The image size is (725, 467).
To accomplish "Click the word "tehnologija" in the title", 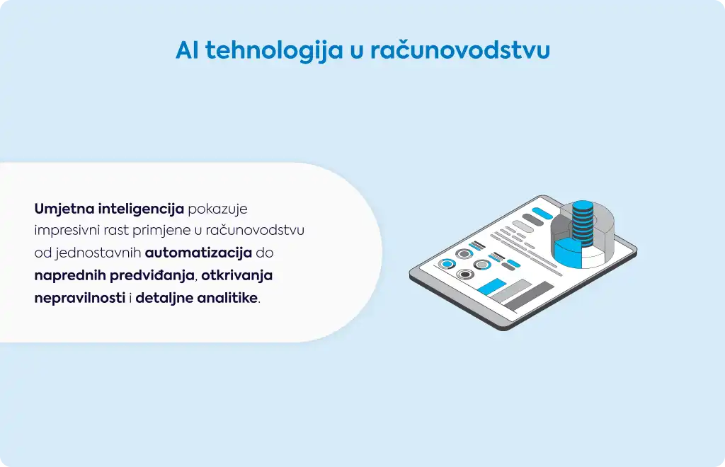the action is click(274, 50).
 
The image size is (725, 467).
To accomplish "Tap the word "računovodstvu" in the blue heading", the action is click(460, 50).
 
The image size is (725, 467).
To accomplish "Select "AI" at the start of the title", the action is click(187, 50).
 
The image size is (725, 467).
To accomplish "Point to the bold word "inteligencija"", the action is click(141, 209).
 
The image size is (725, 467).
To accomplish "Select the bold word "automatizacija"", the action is click(198, 253).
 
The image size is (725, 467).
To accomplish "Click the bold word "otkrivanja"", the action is click(236, 275).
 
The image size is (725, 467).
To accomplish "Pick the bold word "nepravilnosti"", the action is click(80, 298).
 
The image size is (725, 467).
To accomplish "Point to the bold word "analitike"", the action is click(227, 298).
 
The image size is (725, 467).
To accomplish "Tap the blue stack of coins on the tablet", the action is click(583, 224).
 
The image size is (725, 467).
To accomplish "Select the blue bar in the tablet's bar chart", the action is click(491, 287).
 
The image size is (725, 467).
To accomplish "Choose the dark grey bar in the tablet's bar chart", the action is click(530, 296).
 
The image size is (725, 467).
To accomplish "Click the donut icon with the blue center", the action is click(447, 264).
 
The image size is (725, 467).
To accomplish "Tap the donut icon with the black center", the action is click(465, 275).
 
